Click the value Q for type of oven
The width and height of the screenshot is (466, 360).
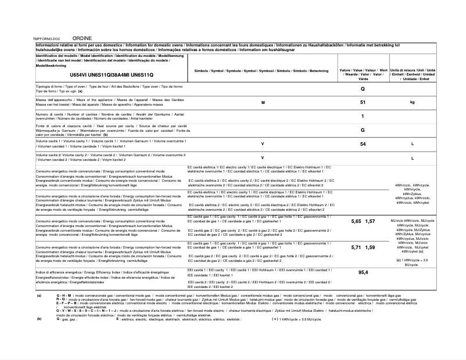[363, 89]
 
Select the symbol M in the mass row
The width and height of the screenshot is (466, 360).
[263, 102]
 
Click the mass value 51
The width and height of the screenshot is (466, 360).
[363, 102]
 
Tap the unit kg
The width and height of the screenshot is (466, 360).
[413, 102]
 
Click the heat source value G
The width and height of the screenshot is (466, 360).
[363, 130]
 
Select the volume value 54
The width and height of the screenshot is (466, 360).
[363, 143]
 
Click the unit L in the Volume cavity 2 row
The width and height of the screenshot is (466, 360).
[413, 157]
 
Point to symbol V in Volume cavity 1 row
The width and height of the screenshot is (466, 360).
[263, 143]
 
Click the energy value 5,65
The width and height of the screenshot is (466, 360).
[356, 222]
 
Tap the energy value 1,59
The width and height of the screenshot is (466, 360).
[371, 247]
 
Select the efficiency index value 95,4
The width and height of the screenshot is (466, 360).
[363, 272]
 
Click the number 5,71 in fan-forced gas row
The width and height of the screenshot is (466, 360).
[356, 247]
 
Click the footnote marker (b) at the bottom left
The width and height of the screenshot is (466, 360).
[39, 319]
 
